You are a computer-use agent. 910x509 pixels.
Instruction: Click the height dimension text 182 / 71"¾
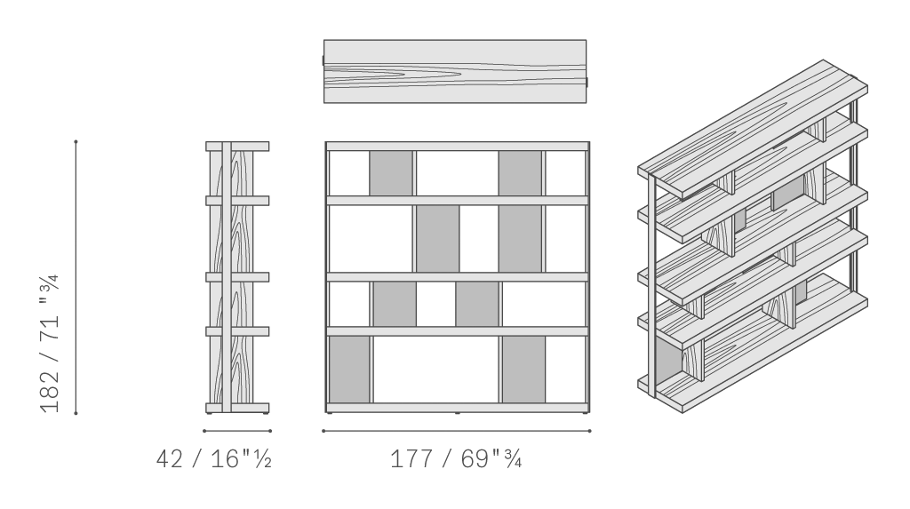click(x=50, y=343)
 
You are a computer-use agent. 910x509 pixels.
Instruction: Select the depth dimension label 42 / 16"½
click(x=213, y=459)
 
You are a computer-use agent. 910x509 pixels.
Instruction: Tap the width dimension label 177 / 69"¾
click(x=456, y=459)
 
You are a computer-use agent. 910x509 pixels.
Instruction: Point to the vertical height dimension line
click(x=76, y=277)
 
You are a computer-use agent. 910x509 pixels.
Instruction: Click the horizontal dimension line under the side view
click(x=236, y=431)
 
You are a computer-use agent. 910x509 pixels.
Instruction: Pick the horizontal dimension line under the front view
click(x=457, y=431)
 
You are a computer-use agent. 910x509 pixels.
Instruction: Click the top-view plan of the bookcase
click(x=455, y=71)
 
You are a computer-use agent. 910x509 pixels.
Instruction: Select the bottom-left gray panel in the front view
click(x=349, y=370)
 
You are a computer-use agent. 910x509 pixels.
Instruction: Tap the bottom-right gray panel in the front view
click(x=523, y=370)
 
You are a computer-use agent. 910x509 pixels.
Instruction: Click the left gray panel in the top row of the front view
click(x=391, y=173)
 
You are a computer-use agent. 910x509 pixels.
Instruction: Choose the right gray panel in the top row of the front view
click(x=520, y=173)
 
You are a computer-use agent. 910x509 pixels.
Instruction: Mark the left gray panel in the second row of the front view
click(x=437, y=239)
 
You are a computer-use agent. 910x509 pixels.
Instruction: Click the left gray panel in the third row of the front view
click(x=395, y=304)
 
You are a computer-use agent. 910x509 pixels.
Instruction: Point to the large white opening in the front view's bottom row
click(x=435, y=370)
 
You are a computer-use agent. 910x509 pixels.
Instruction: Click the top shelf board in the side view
click(x=237, y=147)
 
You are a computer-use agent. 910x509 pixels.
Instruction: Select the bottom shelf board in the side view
click(x=237, y=408)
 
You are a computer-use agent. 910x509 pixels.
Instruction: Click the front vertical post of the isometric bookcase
click(x=652, y=284)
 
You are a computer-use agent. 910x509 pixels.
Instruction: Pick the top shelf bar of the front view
click(x=458, y=147)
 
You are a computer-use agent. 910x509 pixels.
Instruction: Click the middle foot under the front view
click(x=458, y=413)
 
